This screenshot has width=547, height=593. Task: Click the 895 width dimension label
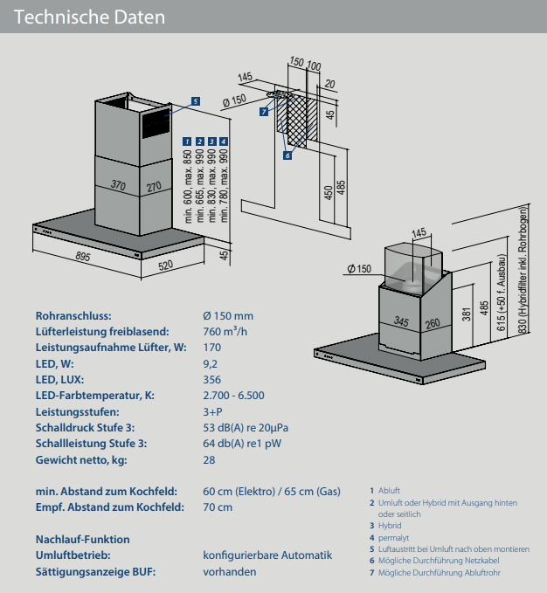83,256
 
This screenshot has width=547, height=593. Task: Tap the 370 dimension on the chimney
119,185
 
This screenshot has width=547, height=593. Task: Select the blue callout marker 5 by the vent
196,100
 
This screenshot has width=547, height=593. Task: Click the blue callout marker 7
264,112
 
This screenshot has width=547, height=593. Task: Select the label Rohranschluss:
73,316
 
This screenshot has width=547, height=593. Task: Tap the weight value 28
209,459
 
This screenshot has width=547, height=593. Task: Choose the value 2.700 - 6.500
233,396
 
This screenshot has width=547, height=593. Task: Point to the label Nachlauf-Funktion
82,540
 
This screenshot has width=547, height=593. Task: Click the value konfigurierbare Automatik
267,555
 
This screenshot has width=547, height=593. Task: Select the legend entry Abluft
390,491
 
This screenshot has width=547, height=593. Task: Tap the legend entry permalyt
394,537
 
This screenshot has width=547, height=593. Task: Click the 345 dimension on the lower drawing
401,322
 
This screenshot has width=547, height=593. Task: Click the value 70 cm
218,507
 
